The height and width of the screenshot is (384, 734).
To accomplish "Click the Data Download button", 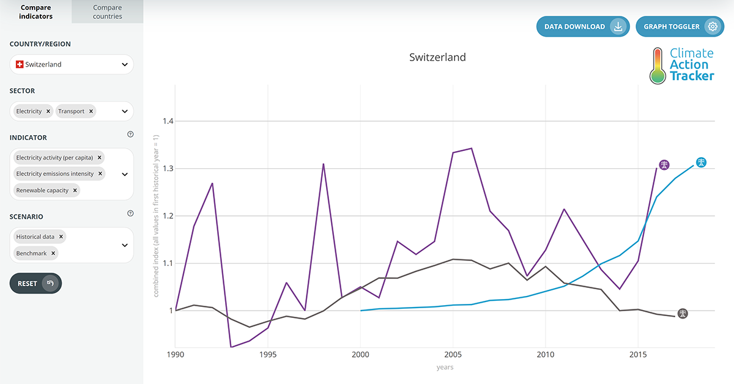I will tap(582, 27).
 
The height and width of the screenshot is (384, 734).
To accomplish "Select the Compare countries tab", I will tap(108, 12).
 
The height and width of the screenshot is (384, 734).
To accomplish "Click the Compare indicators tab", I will tap(35, 12).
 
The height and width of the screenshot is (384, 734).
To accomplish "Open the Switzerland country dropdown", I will tap(72, 64).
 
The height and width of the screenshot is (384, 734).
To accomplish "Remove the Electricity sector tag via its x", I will tap(48, 111).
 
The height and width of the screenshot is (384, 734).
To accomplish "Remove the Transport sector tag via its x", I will tap(91, 111).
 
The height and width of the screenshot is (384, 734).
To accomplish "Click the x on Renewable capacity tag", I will tap(75, 190).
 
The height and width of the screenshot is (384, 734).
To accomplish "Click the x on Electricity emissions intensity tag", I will tap(100, 174).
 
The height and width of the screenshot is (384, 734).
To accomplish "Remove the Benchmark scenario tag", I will tap(53, 253).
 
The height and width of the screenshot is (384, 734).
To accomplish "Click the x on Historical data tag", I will tap(61, 237).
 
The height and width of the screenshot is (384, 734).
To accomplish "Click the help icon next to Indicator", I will tap(130, 135).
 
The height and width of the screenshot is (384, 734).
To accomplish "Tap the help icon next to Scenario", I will tap(130, 213).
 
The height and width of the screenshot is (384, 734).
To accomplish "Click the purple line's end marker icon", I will tap(664, 165).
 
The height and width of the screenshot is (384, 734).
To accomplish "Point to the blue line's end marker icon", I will tap(702, 163).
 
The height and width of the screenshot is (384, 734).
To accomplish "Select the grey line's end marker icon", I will tap(683, 314).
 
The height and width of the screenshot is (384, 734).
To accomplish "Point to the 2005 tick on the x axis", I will tap(453, 354).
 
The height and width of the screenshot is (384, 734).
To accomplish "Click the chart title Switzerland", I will tap(437, 57).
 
